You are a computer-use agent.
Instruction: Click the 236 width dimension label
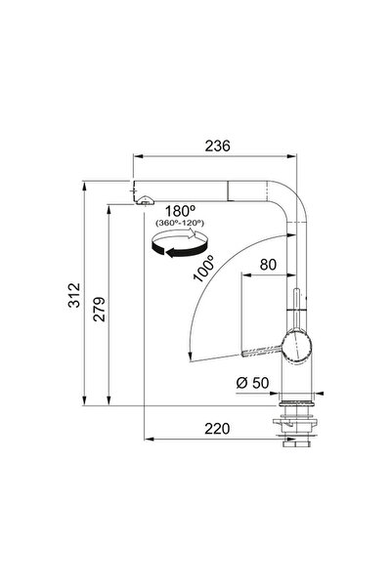coord(217,146)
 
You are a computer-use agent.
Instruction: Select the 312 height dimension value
coord(74,295)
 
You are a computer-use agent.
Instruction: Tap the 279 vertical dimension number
coord(100,310)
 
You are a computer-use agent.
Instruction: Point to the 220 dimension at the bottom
coord(217,428)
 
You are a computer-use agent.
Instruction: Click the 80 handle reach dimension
coord(268,265)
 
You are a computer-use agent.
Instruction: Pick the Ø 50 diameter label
coord(252,383)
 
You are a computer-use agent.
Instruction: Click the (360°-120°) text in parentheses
coord(180,223)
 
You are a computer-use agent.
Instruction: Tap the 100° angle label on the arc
coord(203,268)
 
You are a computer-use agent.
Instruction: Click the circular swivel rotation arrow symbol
coord(179,243)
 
